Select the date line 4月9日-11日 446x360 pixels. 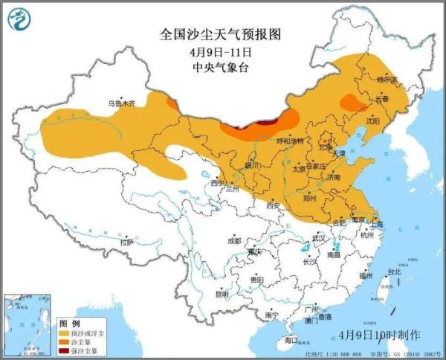(x=221, y=51)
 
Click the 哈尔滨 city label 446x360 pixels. (x=387, y=79)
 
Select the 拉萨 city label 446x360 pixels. (x=127, y=242)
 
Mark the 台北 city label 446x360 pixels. (x=394, y=271)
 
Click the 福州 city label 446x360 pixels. (x=364, y=275)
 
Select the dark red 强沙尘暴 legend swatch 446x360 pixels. (x=67, y=350)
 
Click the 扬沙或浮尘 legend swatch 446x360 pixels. (x=67, y=333)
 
